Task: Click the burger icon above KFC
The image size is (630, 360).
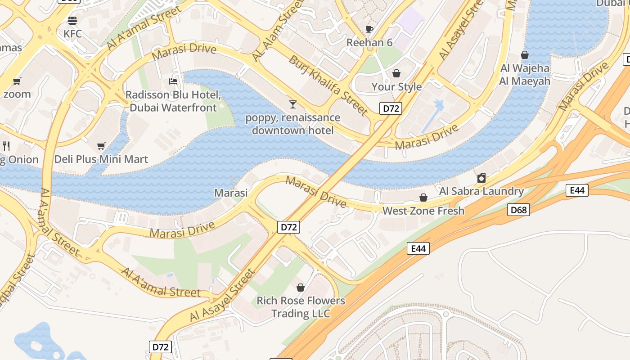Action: click(72, 20)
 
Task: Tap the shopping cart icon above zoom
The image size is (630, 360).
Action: click(17, 81)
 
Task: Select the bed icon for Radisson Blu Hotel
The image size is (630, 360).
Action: click(173, 81)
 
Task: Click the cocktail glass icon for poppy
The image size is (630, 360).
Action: click(293, 104)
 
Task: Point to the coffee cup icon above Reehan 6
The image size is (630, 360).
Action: click(369, 29)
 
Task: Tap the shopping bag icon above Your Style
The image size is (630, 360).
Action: click(396, 73)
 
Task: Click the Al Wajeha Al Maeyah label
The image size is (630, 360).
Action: click(525, 75)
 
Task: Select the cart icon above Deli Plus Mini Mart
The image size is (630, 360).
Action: click(101, 146)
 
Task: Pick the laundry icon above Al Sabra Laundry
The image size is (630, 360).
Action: click(481, 178)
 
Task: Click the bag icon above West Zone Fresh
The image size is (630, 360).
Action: click(423, 198)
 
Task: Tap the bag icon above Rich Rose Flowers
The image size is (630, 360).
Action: click(301, 287)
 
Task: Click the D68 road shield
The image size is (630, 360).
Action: click(518, 210)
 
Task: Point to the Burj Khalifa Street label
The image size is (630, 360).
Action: click(328, 85)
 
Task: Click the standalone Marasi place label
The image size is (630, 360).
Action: click(231, 193)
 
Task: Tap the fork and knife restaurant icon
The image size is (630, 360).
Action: click(6, 146)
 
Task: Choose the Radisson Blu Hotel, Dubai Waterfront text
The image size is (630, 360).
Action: click(173, 101)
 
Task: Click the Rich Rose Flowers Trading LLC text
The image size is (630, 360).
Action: click(301, 307)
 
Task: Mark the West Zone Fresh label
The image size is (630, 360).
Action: click(423, 211)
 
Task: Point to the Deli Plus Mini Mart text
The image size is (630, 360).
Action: click(101, 159)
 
